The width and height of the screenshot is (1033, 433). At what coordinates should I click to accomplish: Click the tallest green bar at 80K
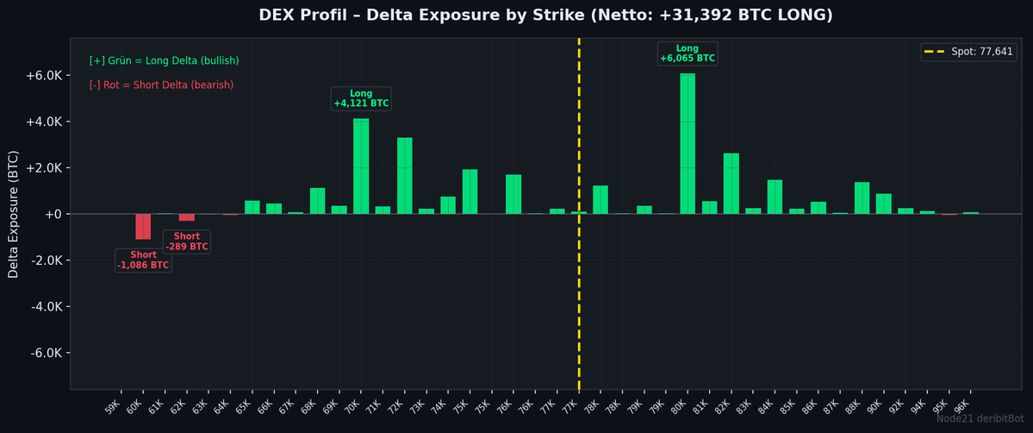point(687,143)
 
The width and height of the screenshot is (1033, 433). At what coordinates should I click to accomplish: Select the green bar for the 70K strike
point(361,166)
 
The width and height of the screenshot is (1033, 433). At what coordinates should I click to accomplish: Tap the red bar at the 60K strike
point(143,226)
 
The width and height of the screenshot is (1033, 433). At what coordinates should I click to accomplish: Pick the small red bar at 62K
point(186,217)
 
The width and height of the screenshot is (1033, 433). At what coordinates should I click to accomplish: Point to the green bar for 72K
point(404,175)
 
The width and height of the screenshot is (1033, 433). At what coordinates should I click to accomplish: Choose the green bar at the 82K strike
point(731,183)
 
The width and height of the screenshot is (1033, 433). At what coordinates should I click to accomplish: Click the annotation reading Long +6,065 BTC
point(687,53)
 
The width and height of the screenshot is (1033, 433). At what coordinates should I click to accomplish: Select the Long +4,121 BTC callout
point(361,98)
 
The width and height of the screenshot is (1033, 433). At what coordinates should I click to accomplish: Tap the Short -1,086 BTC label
point(143,260)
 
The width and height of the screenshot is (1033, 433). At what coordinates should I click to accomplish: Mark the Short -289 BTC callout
point(186,242)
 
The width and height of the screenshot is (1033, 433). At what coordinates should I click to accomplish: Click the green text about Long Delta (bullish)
point(164,61)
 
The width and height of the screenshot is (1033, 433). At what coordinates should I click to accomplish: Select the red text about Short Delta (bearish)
point(161,85)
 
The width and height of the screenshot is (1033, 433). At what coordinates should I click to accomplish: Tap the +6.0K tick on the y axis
point(42,75)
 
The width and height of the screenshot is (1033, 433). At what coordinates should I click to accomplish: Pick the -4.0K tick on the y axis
point(42,307)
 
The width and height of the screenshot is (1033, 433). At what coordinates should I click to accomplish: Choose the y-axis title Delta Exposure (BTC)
point(13,214)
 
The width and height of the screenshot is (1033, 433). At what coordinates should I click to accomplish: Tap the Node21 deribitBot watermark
point(982,419)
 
